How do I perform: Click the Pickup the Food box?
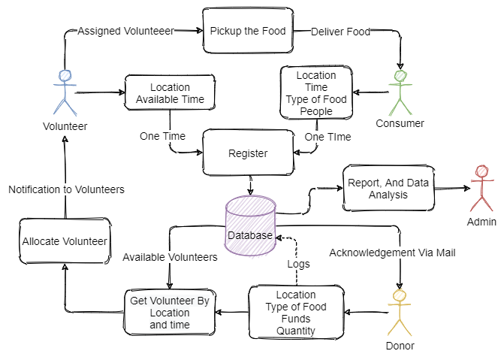(247, 31)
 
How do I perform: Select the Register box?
(248, 153)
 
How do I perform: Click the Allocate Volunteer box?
(64, 241)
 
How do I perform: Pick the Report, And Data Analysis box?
(388, 188)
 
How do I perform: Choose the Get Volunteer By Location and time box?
(170, 312)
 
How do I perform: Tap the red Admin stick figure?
(481, 189)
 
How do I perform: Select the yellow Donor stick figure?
(399, 312)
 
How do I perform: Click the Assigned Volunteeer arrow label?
(126, 32)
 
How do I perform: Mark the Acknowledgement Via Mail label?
(392, 253)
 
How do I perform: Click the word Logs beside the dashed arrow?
(298, 264)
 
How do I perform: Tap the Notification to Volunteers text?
(66, 189)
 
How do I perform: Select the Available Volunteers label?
(170, 257)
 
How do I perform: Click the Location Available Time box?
(170, 93)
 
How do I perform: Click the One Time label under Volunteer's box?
(162, 136)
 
